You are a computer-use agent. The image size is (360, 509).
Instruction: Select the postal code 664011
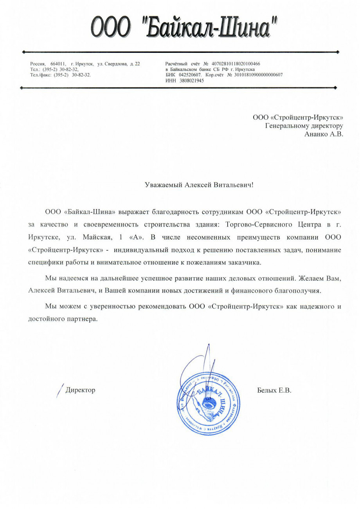pos(58,64)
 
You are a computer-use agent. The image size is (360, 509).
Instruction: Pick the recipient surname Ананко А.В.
pos(323,134)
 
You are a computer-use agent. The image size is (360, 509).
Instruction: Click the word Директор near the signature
pos(80,390)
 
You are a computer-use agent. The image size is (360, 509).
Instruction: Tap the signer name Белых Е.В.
pos(274,390)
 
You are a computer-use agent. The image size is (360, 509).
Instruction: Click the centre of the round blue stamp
pos(206,403)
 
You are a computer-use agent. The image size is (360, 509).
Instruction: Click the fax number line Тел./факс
pos(61,74)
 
